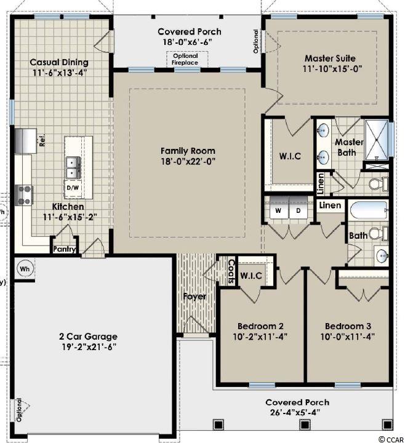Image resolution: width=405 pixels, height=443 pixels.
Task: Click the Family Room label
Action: pos(188,151)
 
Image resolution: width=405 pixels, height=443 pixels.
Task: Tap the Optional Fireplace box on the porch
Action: pos(187,59)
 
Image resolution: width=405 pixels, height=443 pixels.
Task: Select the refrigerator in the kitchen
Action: pos(26,141)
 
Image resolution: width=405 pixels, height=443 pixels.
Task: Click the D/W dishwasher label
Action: pos(73,188)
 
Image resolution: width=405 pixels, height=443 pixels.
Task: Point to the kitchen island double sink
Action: pos(73,167)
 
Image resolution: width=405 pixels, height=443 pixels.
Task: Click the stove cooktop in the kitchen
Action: pos(24,195)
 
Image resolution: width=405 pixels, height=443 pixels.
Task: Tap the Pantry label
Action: pos(65,249)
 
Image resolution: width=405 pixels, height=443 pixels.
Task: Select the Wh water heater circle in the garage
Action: pos(25,268)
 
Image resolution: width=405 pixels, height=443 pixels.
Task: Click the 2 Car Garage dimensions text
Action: pos(89,347)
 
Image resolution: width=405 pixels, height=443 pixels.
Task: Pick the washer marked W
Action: pos(278,210)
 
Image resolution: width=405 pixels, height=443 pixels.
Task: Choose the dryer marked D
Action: pos(298,210)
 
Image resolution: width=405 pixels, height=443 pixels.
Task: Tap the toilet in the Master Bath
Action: pos(379,184)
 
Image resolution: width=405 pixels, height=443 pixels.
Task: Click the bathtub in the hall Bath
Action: pos(369,210)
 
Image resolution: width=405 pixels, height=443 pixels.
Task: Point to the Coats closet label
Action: pos(231,271)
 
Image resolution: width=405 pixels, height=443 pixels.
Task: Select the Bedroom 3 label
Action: pos(348,326)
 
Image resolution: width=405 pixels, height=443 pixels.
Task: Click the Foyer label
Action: pos(194,297)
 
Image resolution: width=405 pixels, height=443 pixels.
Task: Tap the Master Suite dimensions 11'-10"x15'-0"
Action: pos(332,69)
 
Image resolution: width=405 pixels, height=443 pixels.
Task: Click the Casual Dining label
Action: pos(59,62)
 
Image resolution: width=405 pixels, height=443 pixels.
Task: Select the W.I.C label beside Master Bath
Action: pos(291,156)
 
